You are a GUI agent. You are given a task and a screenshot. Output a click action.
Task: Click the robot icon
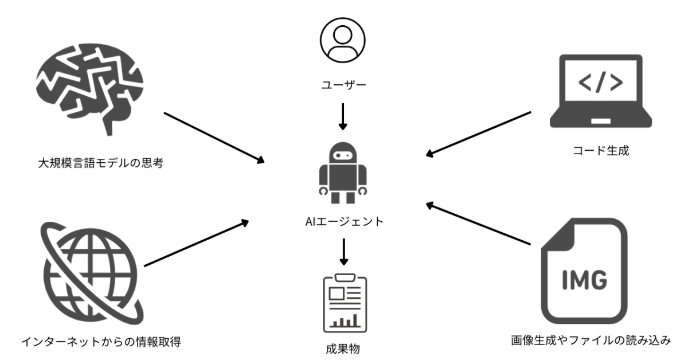(343, 172)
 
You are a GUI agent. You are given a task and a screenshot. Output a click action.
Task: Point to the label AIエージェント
(343, 221)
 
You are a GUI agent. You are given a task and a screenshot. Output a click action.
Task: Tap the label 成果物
(343, 348)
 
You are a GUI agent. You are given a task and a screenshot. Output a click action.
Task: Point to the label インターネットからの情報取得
(101, 342)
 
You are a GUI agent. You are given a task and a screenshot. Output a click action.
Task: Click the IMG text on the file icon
(585, 281)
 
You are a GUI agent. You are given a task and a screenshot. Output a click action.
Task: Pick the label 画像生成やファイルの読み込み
(591, 341)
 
